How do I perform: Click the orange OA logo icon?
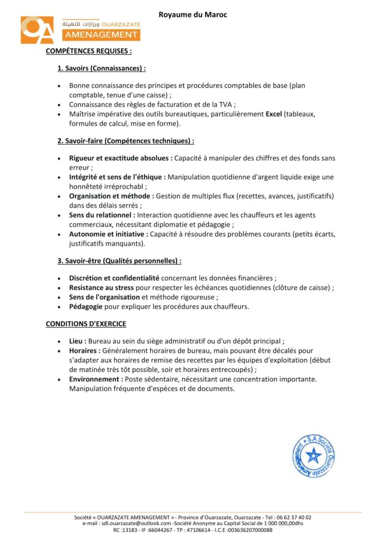[x=37, y=30]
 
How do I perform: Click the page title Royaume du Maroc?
[x=192, y=15]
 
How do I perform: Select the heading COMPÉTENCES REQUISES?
[x=89, y=51]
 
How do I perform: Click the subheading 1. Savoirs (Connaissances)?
[x=101, y=68]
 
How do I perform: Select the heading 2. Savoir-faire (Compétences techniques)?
[x=125, y=141]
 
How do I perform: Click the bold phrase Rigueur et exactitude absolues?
[x=120, y=158]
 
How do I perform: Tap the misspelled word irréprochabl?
[x=125, y=187]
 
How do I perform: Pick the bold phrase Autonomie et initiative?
[x=108, y=234]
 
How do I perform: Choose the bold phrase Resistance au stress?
[x=100, y=287]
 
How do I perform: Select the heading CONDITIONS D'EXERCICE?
[x=86, y=324]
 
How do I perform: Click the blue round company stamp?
[x=313, y=456]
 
